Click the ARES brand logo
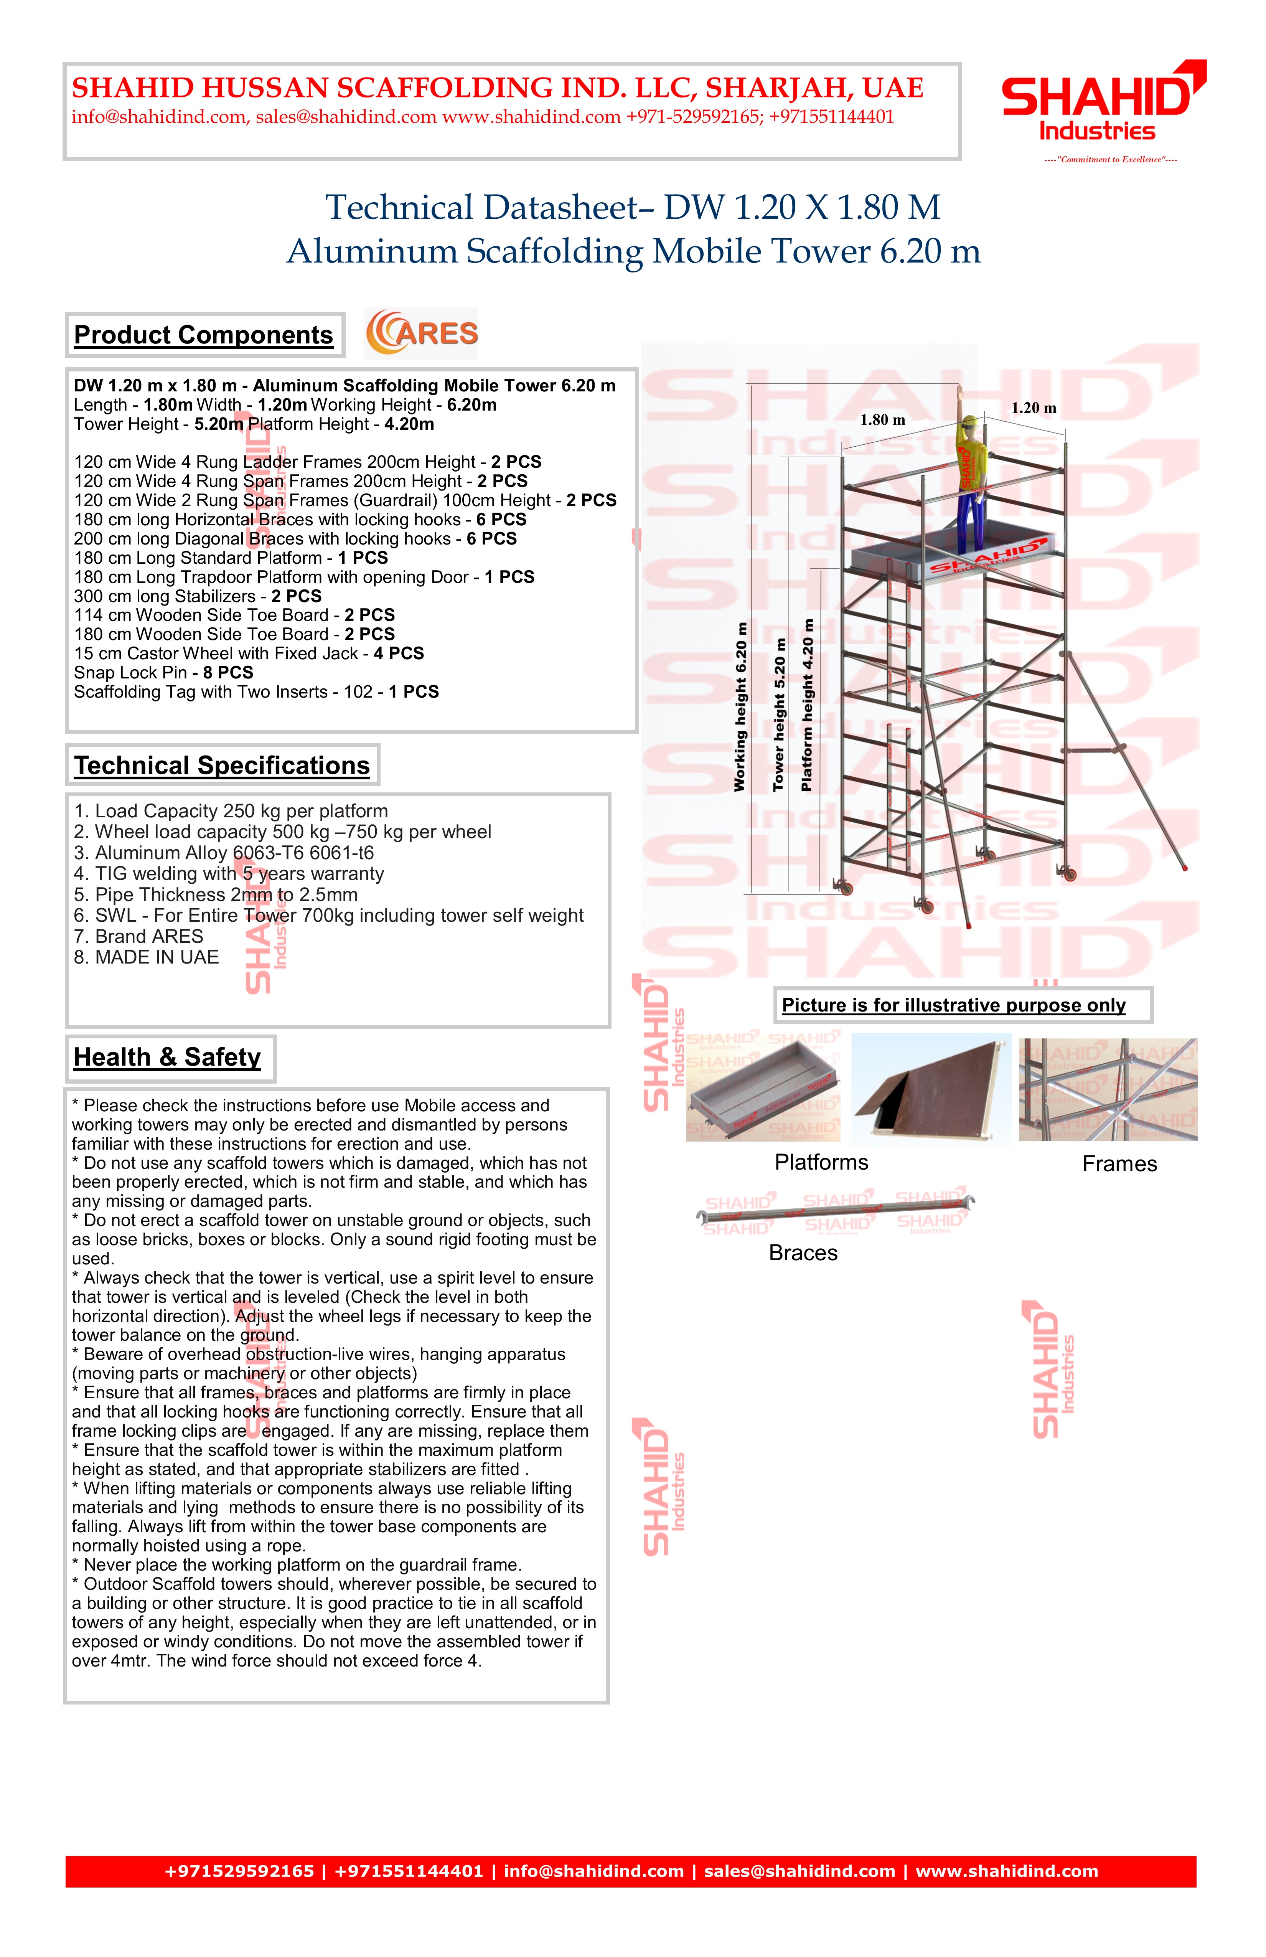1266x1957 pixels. click(422, 333)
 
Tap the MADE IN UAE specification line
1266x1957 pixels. click(146, 957)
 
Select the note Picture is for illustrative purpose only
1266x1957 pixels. click(954, 1005)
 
